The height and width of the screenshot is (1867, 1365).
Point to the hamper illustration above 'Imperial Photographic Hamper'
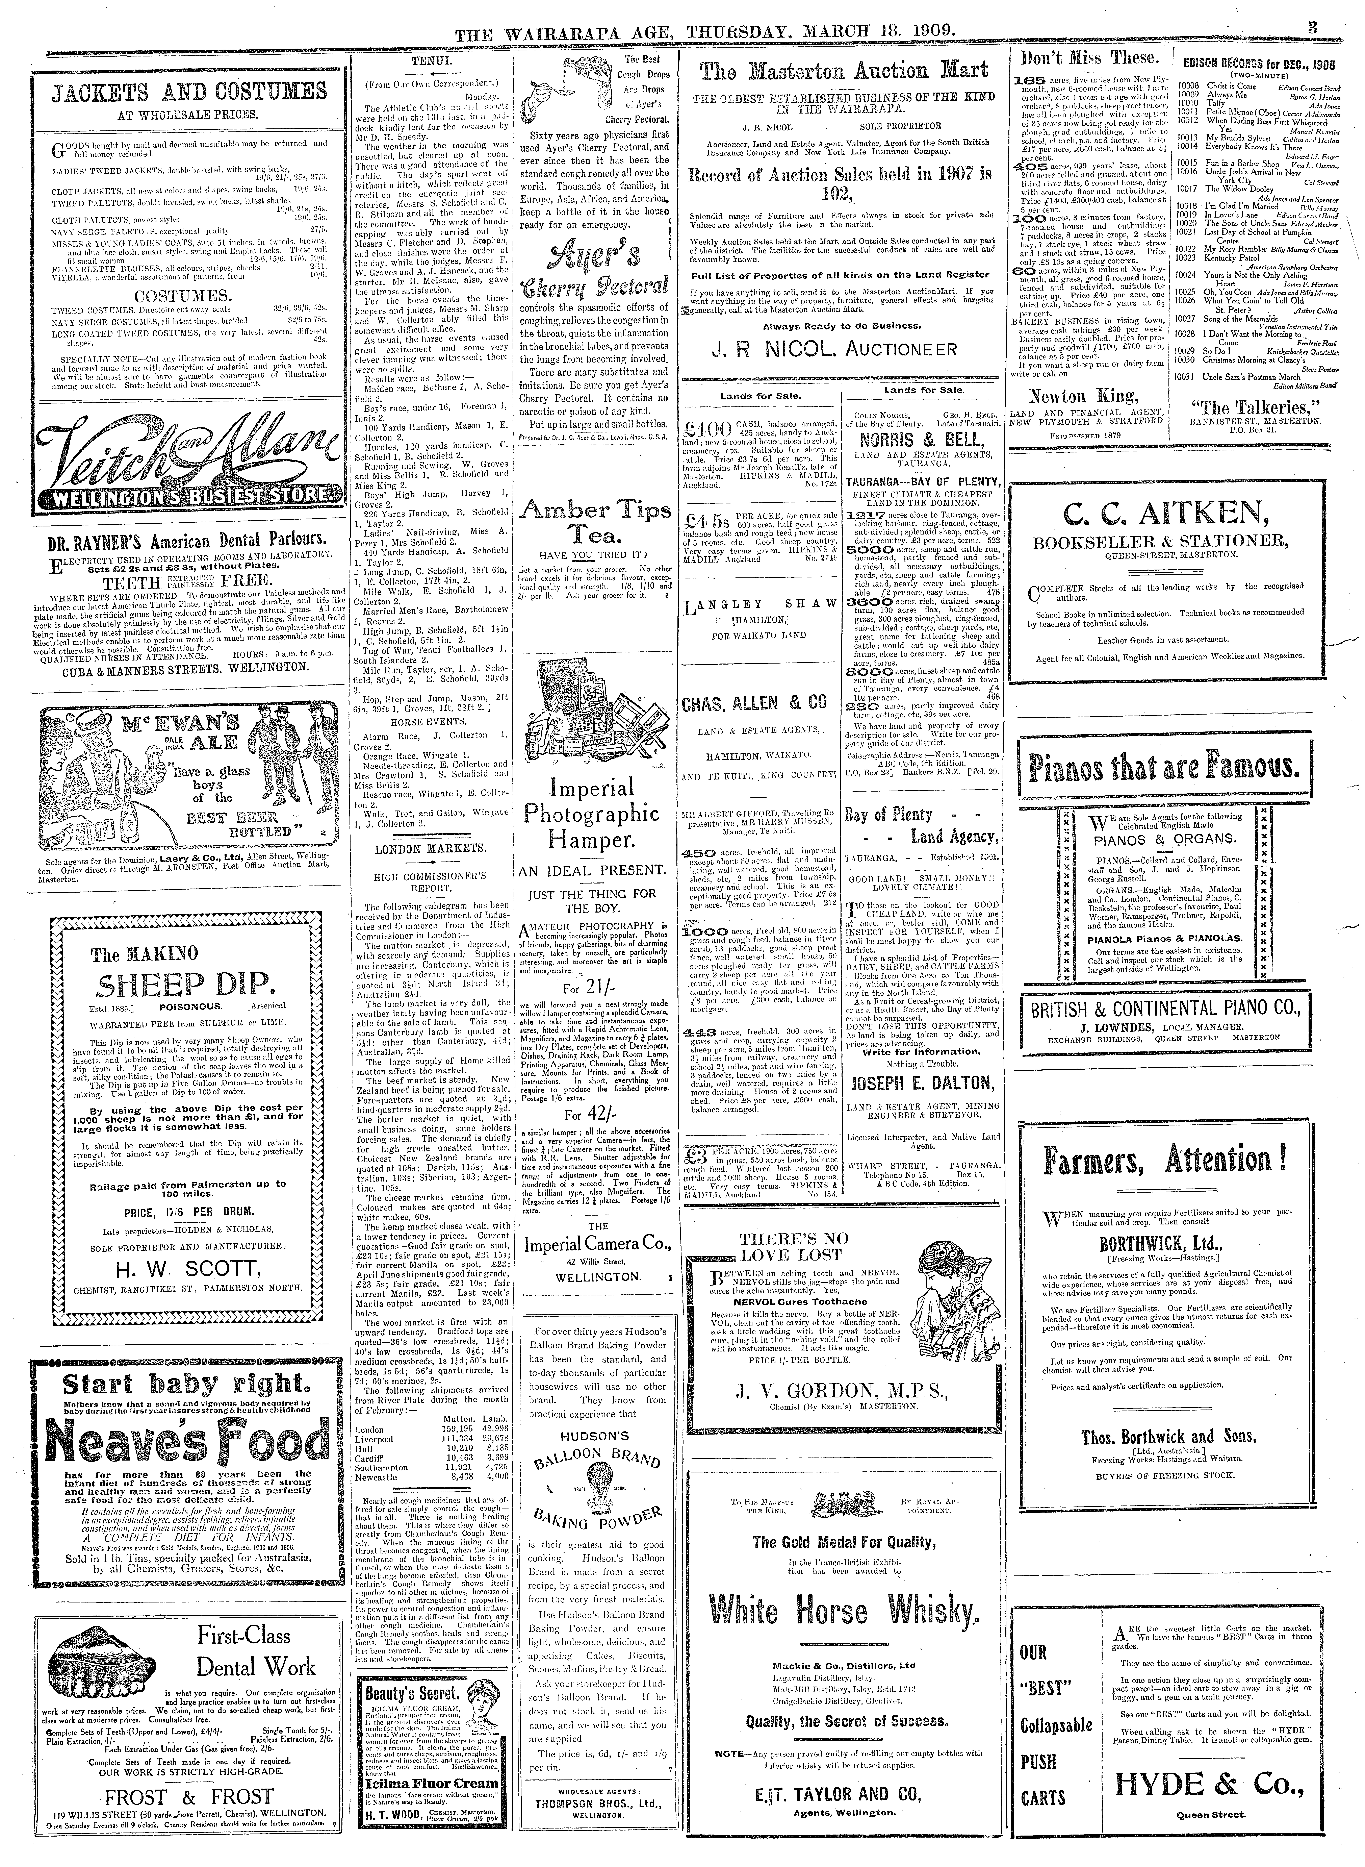[x=597, y=713]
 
